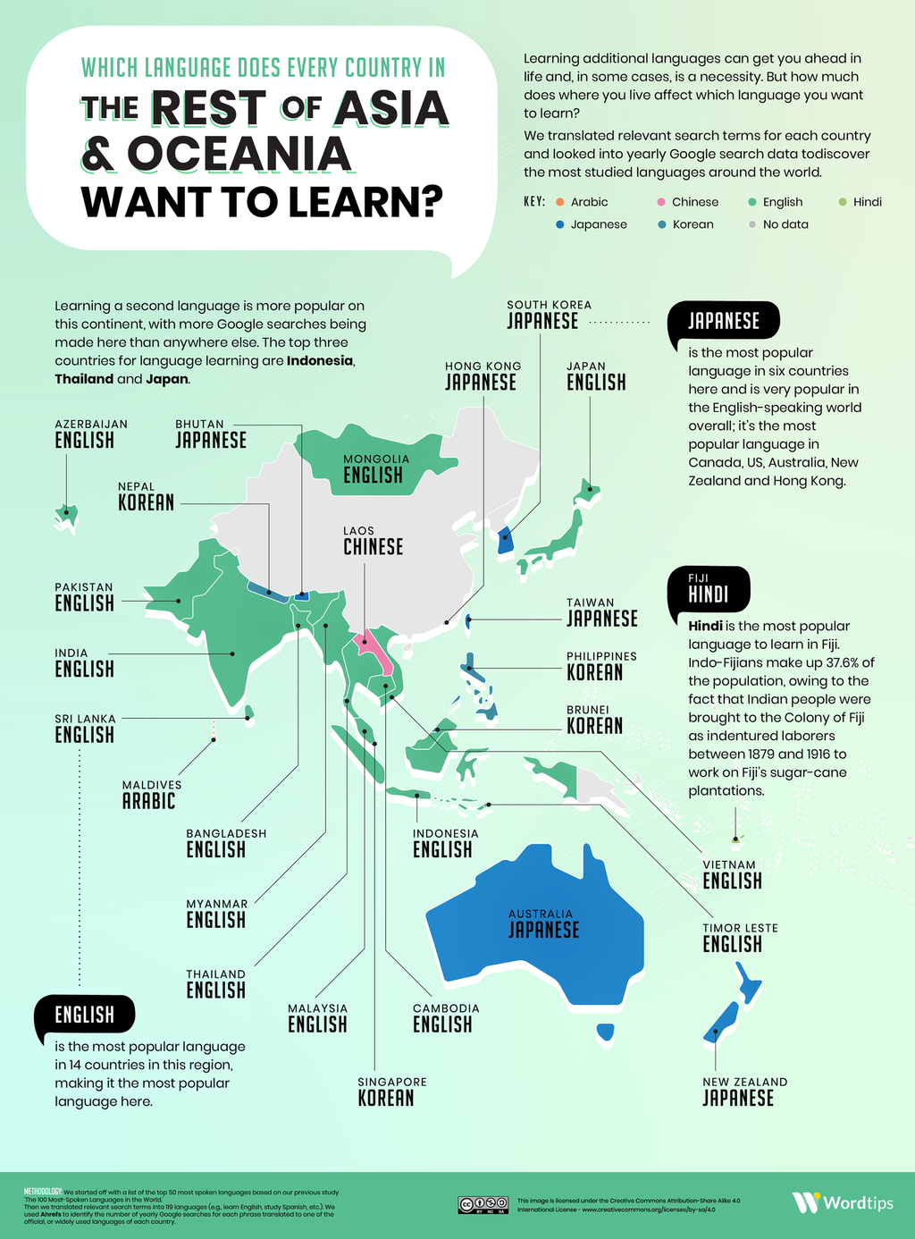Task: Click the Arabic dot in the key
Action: (x=559, y=202)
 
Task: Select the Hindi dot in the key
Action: (x=842, y=202)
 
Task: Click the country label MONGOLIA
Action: (x=376, y=459)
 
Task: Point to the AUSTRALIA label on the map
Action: (x=541, y=914)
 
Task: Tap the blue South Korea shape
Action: (x=505, y=539)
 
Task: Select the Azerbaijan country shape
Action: (x=65, y=514)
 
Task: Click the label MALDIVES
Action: (x=152, y=785)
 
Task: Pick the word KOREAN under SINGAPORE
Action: (x=386, y=1098)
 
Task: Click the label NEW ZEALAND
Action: (x=744, y=1082)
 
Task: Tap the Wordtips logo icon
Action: (x=805, y=1202)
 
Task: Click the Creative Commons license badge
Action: (x=483, y=1204)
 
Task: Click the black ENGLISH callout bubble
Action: (x=85, y=1015)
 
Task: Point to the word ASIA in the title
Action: (x=391, y=108)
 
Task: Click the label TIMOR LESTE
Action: (x=740, y=928)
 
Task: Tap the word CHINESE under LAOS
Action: (x=374, y=546)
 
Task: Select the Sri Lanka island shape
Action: (x=249, y=712)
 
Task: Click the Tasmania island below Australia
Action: (x=606, y=1032)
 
